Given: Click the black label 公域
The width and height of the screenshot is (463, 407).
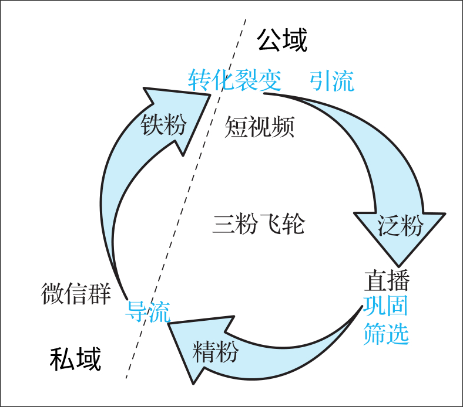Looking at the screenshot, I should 282,41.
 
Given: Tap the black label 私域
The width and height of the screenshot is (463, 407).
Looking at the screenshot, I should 75,359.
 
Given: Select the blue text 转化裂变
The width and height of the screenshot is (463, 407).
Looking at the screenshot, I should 234,80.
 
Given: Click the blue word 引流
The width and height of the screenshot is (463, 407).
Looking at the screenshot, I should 332,80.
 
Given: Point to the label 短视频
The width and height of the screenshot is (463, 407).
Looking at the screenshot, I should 259,126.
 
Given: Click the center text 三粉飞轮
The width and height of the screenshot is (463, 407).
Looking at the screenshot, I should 259,225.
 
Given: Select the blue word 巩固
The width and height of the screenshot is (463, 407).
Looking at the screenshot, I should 386,307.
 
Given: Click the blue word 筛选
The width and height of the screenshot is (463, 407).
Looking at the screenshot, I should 386,333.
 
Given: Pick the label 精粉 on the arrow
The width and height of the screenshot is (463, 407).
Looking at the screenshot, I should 216,352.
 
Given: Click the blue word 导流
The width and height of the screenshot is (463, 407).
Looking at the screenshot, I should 147,311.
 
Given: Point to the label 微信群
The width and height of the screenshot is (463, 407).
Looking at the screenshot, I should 76,293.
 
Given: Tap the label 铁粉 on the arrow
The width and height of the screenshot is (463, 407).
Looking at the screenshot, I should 164,125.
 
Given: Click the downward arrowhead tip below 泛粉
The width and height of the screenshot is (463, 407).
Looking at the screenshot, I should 400,264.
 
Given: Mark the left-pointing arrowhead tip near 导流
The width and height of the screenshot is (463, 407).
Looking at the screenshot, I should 170,324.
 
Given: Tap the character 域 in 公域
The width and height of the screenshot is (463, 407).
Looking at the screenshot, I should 295,41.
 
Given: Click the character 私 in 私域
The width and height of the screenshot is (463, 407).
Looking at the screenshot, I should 62,359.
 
